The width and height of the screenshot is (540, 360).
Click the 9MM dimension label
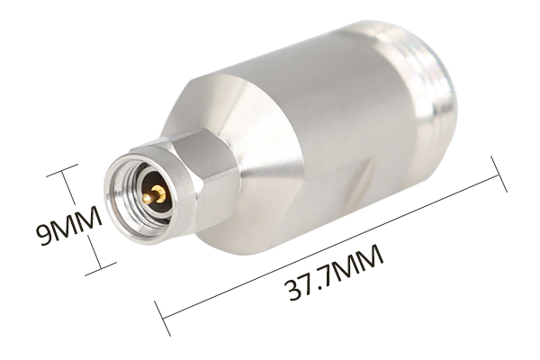click(x=69, y=226)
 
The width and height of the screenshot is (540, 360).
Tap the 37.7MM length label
click(x=334, y=273)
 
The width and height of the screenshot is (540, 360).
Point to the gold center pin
click(x=155, y=194)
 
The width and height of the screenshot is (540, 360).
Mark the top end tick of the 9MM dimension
click(x=62, y=170)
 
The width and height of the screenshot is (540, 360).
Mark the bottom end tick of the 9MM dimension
click(x=101, y=269)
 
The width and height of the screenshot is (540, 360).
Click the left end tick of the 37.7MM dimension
click(x=162, y=319)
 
